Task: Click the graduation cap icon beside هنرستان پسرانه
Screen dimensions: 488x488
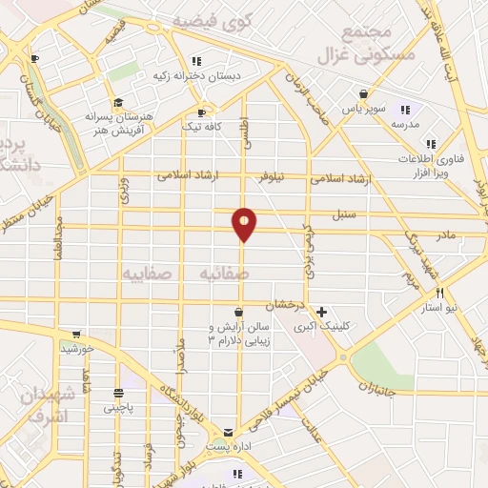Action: [x=117, y=102]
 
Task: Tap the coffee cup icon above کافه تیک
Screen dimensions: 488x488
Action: [x=202, y=112]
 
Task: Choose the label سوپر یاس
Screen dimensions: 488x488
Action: [x=366, y=109]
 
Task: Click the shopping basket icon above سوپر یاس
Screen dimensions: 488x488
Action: [x=363, y=94]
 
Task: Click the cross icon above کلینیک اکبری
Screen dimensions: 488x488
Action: [x=322, y=312]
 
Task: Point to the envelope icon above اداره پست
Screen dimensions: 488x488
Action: [x=228, y=432]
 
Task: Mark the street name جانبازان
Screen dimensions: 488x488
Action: [x=379, y=387]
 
